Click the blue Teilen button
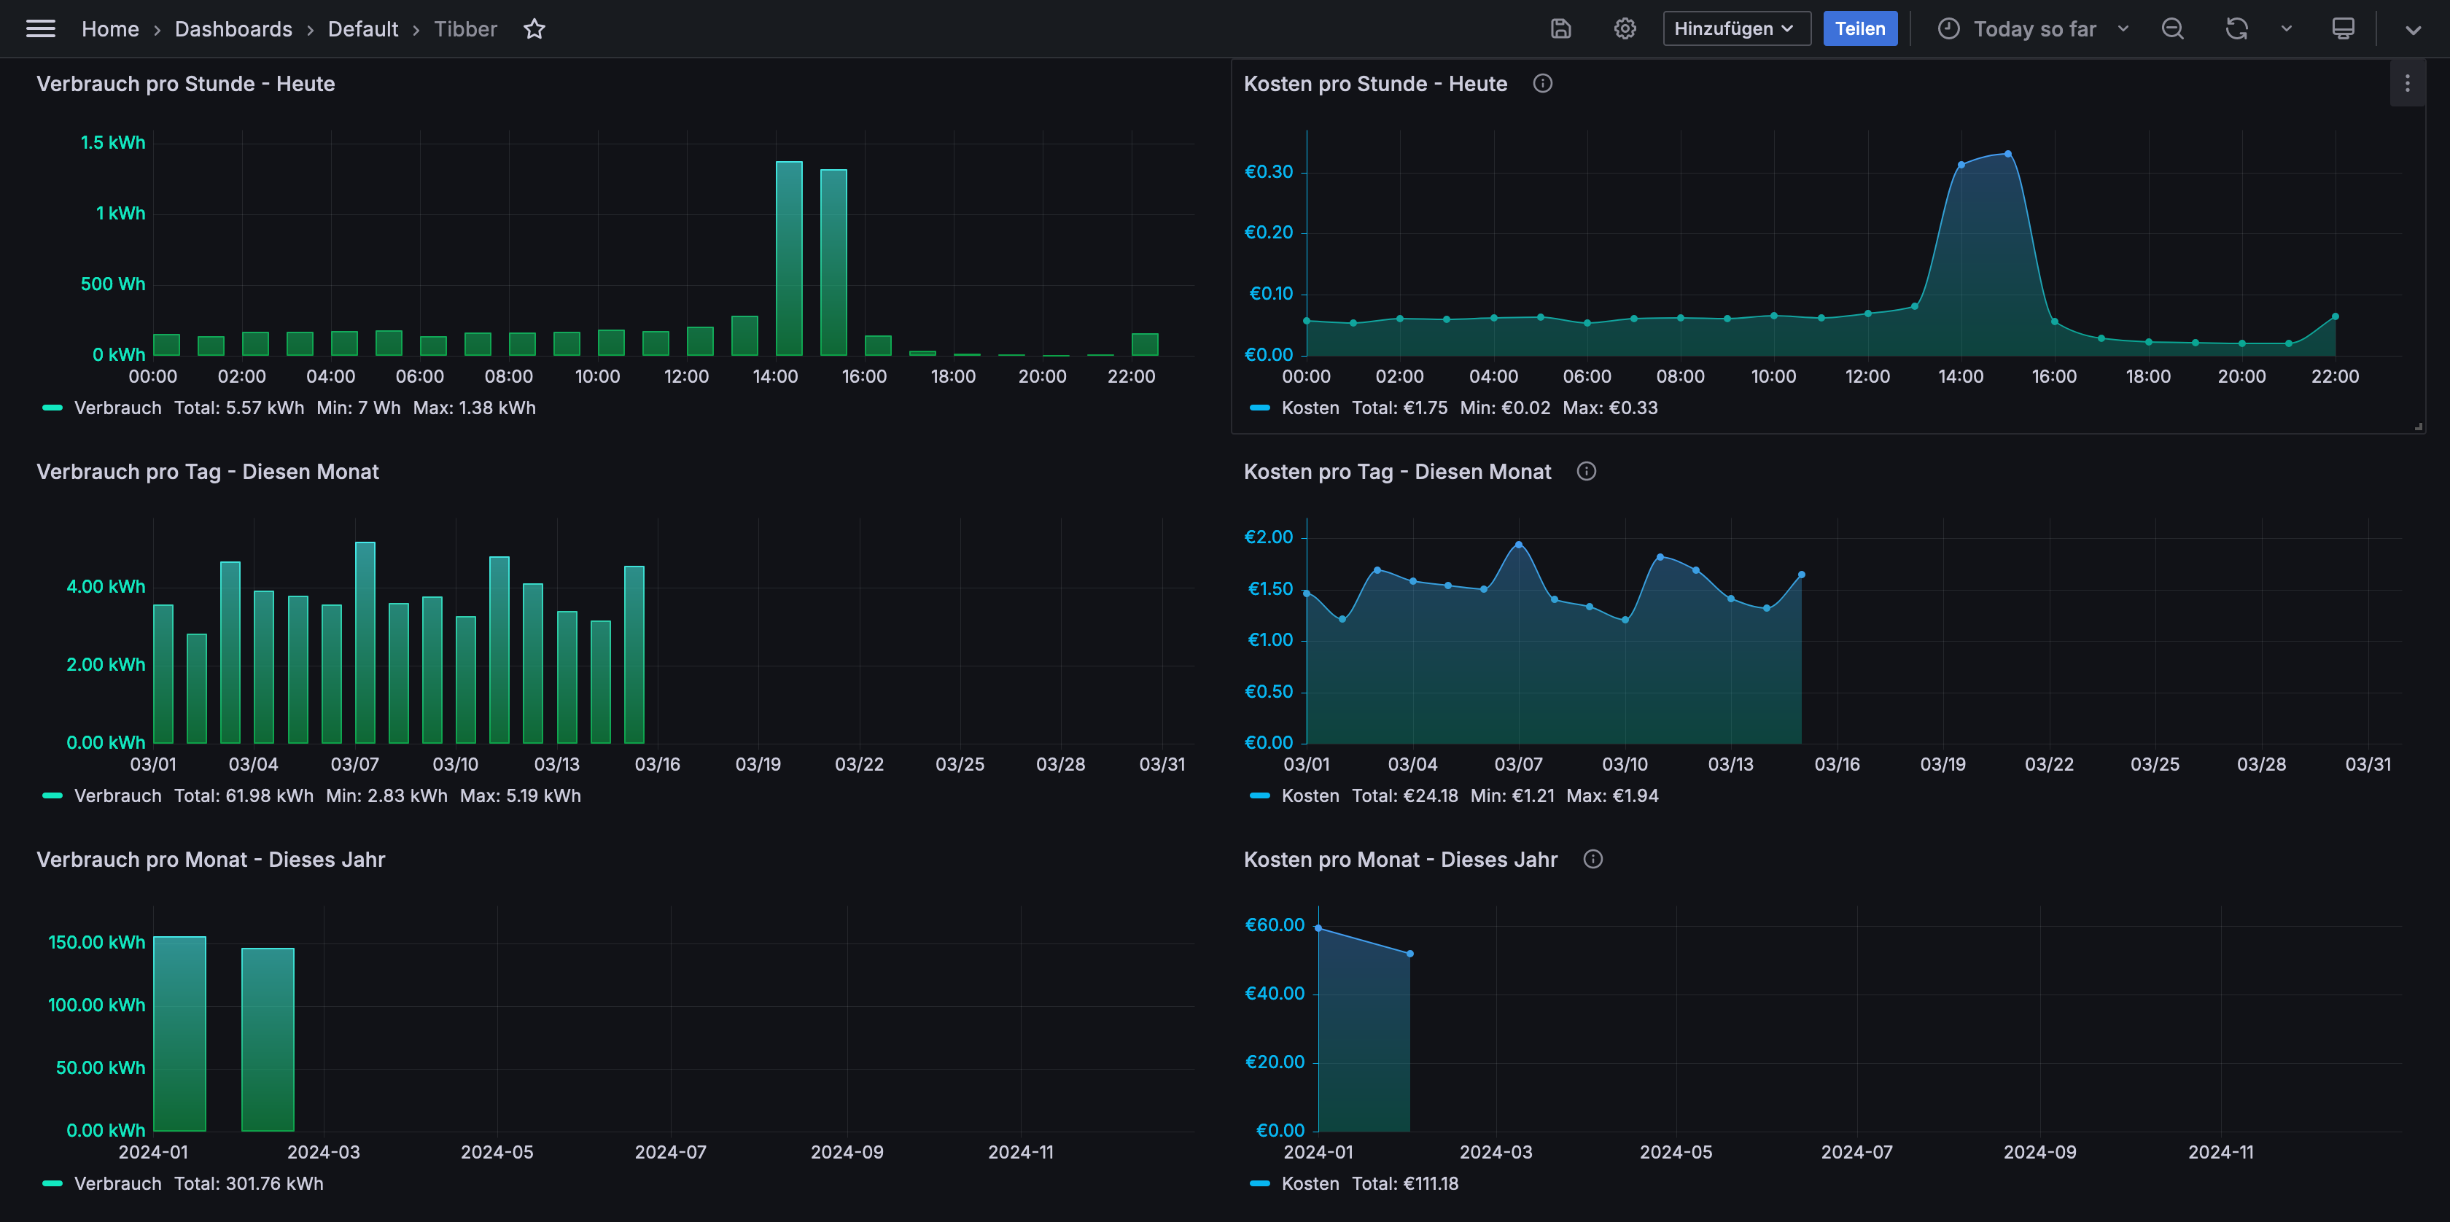pos(1859,28)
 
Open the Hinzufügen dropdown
pos(1735,28)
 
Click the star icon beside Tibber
pos(534,28)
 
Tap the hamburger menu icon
pos(40,28)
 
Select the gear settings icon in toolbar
pos(1625,28)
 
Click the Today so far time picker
pos(2034,28)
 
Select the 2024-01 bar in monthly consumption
pos(180,1034)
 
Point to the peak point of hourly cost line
pos(2007,153)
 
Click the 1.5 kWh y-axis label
pos(112,143)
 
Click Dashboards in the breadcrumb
pos(233,28)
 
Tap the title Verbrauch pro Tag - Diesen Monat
pos(207,472)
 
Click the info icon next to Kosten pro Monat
pos(1593,859)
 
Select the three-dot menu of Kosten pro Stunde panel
pos(2407,84)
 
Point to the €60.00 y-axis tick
pos(1275,925)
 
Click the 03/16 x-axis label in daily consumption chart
pos(657,763)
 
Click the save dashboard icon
pos(1560,28)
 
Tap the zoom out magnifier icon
pos(2172,28)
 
